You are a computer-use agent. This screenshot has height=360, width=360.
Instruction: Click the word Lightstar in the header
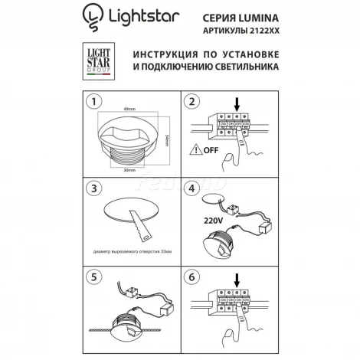click(x=136, y=15)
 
